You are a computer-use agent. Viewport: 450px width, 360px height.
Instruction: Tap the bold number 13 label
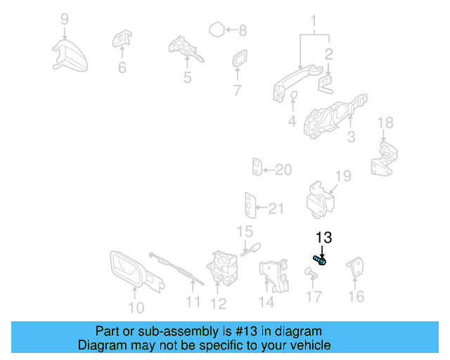pyautogui.click(x=323, y=238)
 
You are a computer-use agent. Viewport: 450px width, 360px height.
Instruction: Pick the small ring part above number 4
pyautogui.click(x=294, y=97)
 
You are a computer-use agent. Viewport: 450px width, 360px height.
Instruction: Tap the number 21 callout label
pyautogui.click(x=276, y=208)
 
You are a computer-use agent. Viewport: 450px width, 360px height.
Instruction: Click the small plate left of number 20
pyautogui.click(x=257, y=169)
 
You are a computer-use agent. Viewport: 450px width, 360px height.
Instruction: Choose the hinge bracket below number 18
pyautogui.click(x=385, y=160)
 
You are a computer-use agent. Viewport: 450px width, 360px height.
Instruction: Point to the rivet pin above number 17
pyautogui.click(x=311, y=271)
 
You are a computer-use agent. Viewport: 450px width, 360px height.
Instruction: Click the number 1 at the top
pyautogui.click(x=314, y=20)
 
